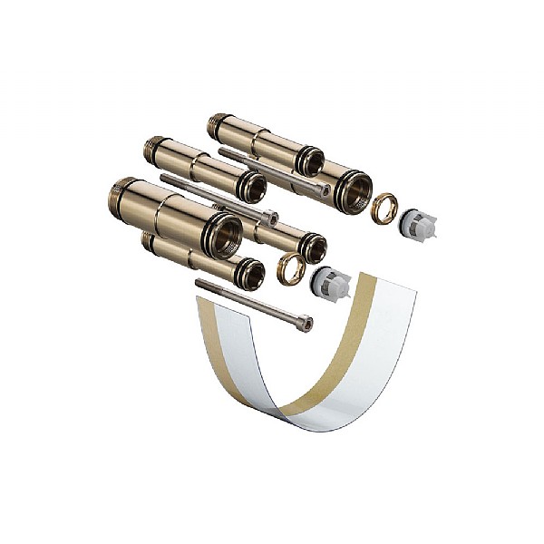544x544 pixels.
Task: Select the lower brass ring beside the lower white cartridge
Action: point(291,268)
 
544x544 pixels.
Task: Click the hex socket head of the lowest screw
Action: point(306,323)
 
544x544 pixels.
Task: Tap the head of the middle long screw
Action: point(269,218)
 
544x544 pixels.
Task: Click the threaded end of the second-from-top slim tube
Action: point(154,149)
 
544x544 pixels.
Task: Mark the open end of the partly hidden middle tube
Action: point(312,247)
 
